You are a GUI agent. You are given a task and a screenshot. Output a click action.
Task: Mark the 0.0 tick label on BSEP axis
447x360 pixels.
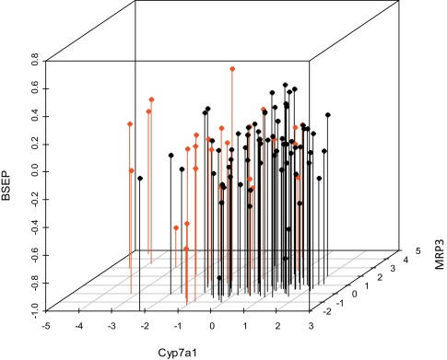tap(33, 172)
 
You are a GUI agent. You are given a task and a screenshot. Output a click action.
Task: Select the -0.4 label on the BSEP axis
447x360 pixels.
tap(32, 226)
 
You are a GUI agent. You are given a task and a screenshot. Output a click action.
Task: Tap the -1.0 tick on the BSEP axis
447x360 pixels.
tap(32, 308)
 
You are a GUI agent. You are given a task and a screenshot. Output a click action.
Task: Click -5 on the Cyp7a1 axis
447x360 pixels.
tap(46, 324)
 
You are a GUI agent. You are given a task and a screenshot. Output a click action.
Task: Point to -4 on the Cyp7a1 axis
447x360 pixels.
tap(79, 324)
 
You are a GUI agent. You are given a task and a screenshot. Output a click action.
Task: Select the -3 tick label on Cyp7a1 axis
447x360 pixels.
tap(112, 324)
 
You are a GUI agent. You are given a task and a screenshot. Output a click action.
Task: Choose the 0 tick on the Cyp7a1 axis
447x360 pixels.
tap(212, 324)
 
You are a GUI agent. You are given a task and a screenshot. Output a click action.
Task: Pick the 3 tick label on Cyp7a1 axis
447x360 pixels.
tap(311, 324)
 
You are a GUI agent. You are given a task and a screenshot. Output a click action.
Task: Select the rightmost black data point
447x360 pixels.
tap(328, 115)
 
